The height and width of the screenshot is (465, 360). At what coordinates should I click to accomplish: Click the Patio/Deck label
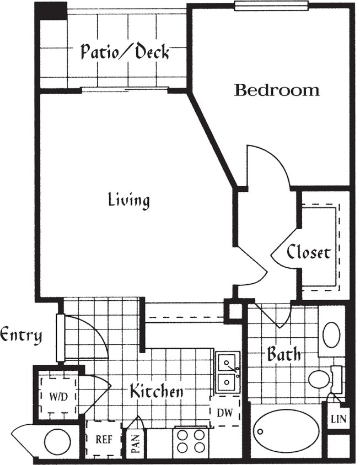tap(125, 52)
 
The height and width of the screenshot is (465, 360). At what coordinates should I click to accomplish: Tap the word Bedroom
tap(276, 90)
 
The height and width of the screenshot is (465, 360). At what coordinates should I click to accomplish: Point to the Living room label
tap(128, 200)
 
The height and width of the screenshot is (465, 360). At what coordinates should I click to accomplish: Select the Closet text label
tap(309, 252)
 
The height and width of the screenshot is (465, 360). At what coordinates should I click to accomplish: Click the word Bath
tap(284, 354)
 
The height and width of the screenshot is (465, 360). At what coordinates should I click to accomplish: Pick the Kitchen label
tap(156, 392)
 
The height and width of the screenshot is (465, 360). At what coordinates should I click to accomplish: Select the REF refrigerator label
tap(103, 440)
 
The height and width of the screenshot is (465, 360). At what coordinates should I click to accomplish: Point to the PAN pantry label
tap(135, 444)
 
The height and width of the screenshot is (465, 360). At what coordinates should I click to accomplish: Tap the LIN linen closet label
tap(338, 419)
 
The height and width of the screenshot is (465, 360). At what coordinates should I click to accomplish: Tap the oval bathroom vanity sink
tap(331, 335)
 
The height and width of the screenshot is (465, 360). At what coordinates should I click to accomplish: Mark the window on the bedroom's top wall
tap(270, 6)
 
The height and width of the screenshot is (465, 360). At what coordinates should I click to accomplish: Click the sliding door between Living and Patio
tap(125, 89)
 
